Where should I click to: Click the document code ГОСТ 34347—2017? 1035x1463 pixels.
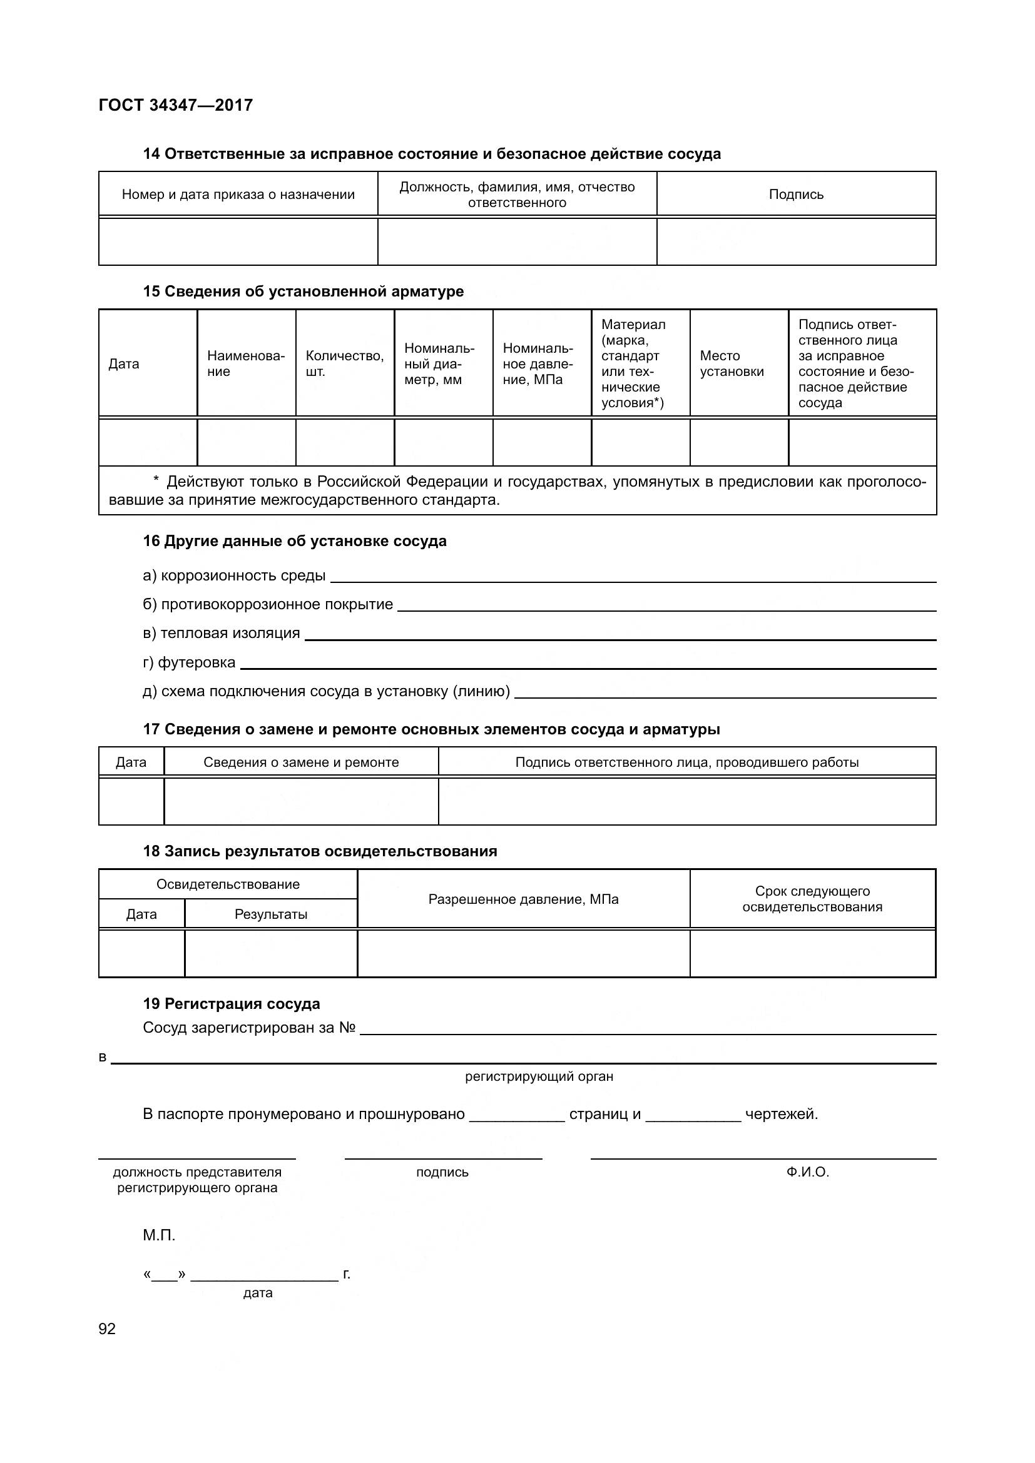tap(176, 105)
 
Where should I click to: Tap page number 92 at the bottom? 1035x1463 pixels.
tap(107, 1329)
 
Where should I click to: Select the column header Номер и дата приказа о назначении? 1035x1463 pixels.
tap(238, 195)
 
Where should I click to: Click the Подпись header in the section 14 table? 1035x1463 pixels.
tap(796, 195)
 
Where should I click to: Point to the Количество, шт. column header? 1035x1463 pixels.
tap(344, 363)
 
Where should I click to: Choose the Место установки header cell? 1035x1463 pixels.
tap(732, 363)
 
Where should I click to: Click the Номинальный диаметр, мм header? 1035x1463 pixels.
tap(439, 364)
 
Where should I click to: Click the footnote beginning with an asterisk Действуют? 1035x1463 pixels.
tap(517, 490)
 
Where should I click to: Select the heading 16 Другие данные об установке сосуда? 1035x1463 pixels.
tap(295, 541)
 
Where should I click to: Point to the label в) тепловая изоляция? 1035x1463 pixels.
tap(221, 633)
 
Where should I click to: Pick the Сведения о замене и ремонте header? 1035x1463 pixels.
tap(301, 762)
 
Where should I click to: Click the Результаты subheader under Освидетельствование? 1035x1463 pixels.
tap(271, 914)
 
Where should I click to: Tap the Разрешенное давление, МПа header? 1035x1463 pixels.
tap(523, 899)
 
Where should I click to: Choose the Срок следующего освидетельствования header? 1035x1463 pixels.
tap(812, 899)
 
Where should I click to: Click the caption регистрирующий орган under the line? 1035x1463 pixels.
tap(539, 1077)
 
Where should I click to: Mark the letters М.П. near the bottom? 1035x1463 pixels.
tap(159, 1235)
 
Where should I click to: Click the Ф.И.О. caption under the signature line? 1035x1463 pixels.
tap(807, 1172)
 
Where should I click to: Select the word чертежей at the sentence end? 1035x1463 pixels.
tap(781, 1114)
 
